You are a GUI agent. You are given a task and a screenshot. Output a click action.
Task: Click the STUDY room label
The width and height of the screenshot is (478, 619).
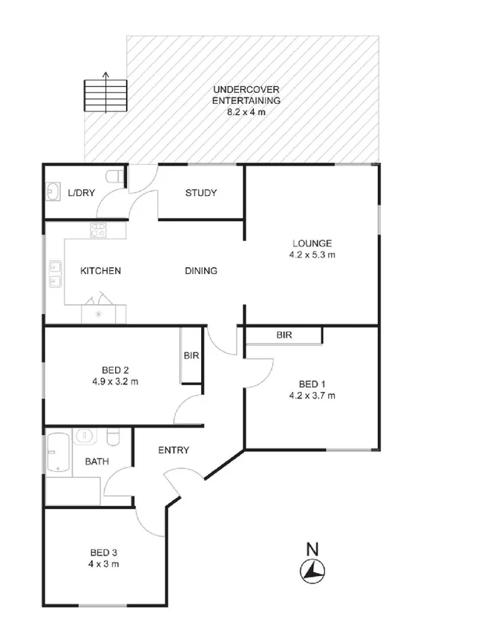[x=200, y=193]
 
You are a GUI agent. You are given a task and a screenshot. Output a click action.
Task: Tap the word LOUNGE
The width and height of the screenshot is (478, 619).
[x=312, y=243]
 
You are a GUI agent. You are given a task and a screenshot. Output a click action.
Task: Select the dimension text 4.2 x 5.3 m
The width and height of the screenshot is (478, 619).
[x=312, y=255]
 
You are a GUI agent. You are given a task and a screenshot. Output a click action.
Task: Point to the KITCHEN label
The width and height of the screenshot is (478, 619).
[x=100, y=271]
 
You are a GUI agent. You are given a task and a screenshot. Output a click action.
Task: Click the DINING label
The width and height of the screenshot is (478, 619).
[x=201, y=271]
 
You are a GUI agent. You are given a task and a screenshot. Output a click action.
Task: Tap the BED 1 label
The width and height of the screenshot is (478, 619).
[x=312, y=384]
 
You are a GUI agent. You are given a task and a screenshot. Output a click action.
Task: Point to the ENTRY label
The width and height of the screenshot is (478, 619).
[x=174, y=450]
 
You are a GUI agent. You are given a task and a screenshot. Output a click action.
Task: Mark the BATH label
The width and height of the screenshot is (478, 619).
[x=96, y=462]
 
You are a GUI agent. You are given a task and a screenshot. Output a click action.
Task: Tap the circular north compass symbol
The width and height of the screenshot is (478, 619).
[x=312, y=570]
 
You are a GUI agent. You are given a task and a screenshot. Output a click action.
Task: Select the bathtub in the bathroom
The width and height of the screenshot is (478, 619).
[x=57, y=453]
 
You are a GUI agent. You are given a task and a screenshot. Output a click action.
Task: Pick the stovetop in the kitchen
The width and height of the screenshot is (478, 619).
[x=98, y=231]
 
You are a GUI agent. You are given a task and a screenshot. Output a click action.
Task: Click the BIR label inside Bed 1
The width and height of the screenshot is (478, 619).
[x=284, y=335]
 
